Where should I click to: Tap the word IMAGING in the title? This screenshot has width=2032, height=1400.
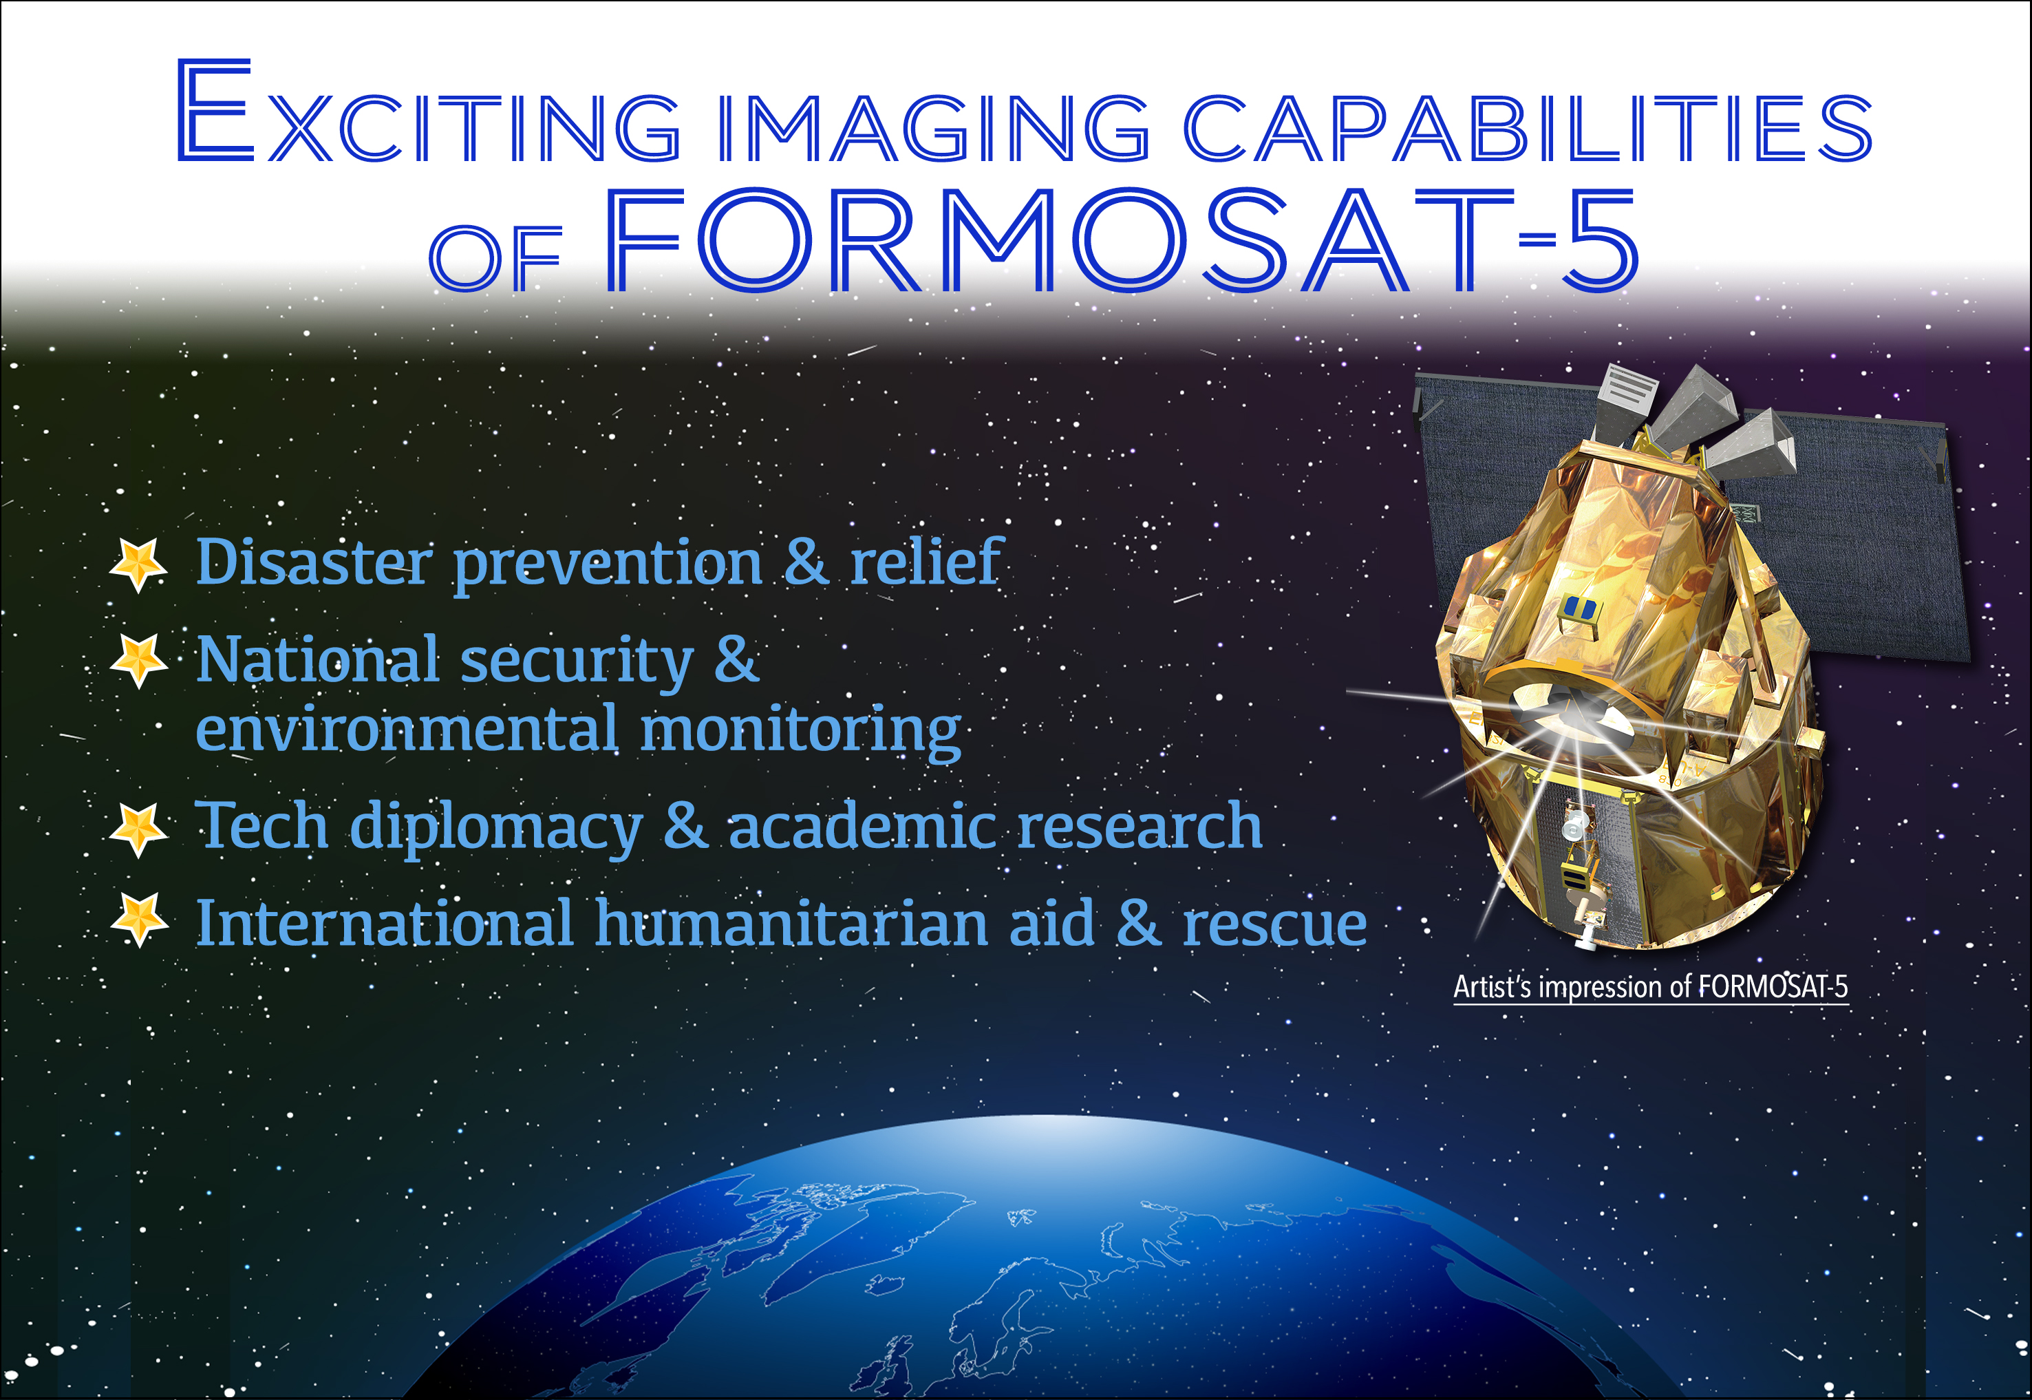point(933,128)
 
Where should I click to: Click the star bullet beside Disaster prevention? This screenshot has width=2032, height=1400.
point(138,564)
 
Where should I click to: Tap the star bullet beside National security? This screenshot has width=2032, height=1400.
point(138,661)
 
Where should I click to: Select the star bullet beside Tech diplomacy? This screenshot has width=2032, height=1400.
point(138,829)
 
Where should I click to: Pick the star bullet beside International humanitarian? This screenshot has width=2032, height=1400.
point(138,920)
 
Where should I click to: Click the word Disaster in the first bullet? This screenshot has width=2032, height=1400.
point(313,562)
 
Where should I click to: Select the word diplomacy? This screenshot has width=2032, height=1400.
point(496,827)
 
